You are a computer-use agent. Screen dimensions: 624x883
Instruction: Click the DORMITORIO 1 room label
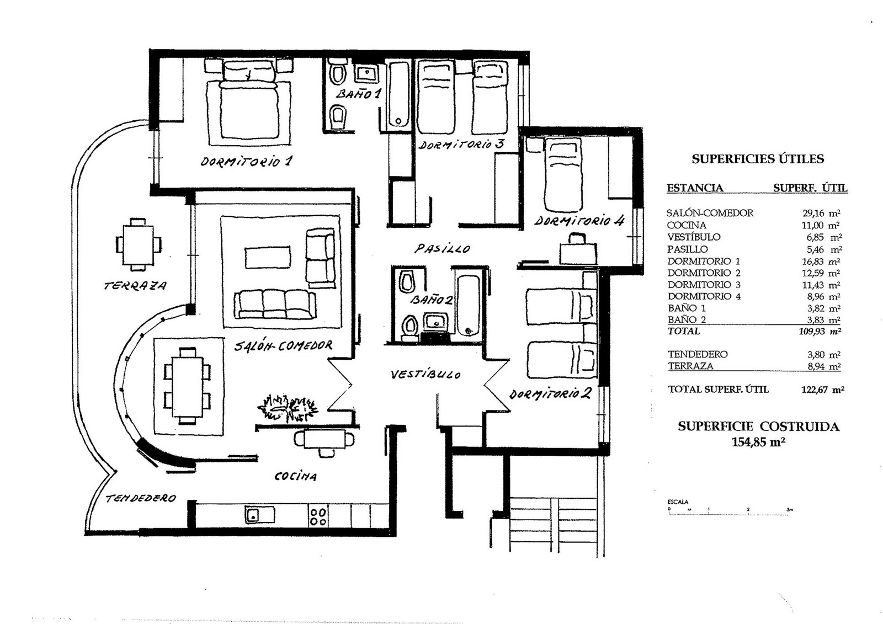[246, 162]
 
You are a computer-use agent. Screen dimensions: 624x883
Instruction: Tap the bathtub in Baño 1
[398, 95]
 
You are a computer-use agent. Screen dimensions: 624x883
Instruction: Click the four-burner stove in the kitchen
[318, 516]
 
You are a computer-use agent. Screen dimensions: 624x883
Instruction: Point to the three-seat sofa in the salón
[274, 305]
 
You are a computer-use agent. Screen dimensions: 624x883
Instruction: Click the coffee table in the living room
[268, 257]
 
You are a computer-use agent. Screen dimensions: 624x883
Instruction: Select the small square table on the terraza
[139, 244]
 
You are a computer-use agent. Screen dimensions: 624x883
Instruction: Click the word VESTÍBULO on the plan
[425, 375]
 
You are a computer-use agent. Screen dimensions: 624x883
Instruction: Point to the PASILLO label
[442, 249]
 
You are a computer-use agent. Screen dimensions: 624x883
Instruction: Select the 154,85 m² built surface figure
[758, 441]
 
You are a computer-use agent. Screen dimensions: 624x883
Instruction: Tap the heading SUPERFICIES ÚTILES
[757, 159]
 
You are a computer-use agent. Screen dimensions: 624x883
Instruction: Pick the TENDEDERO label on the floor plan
[140, 498]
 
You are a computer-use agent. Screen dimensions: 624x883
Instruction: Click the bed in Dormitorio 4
[563, 175]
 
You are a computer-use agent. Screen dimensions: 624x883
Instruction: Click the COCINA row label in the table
[686, 225]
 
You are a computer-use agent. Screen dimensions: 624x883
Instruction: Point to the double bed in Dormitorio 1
[248, 102]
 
